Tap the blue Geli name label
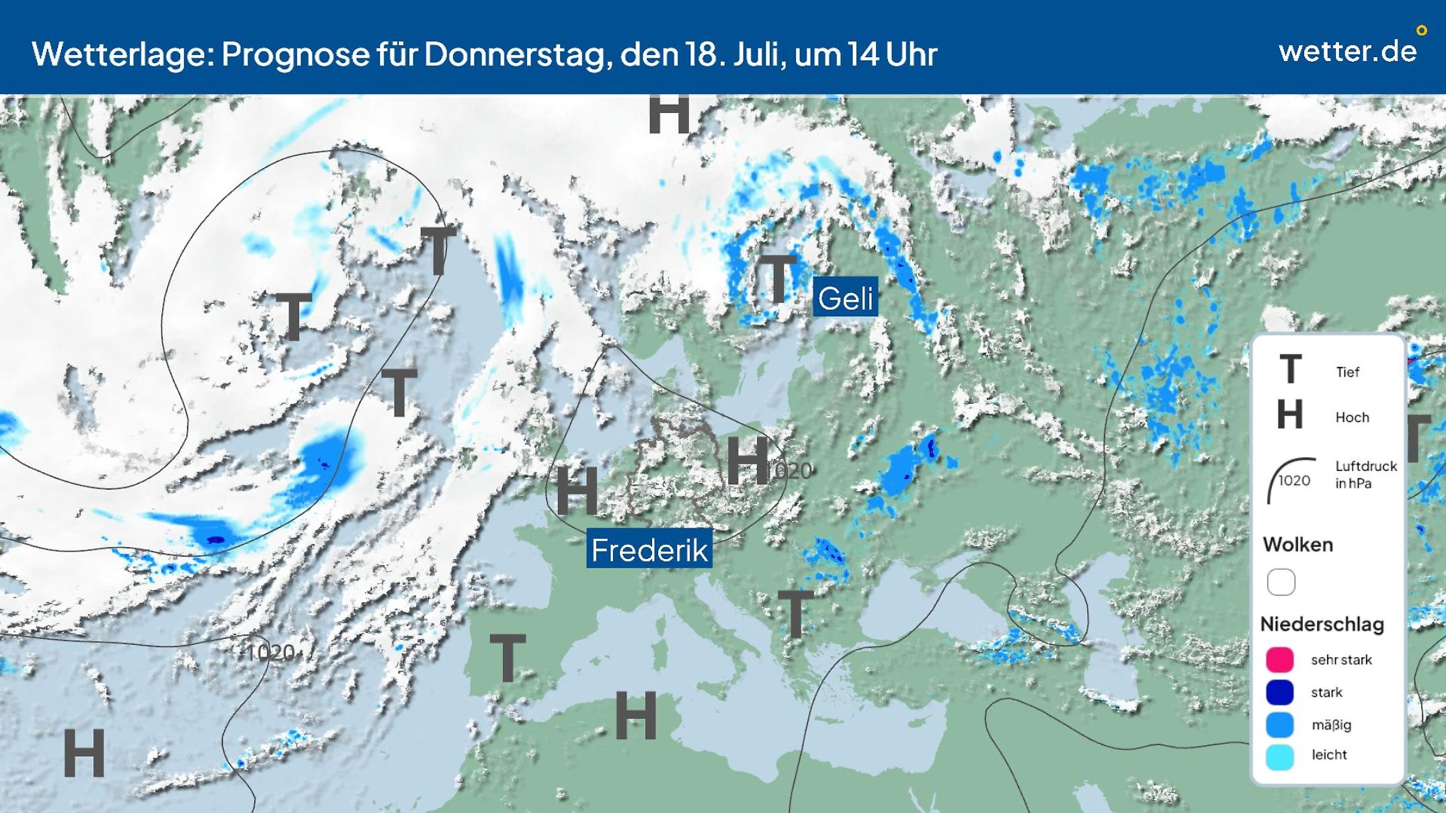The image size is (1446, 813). (845, 298)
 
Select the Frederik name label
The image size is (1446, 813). (649, 550)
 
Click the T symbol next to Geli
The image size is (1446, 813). (778, 279)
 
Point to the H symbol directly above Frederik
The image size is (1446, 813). (577, 491)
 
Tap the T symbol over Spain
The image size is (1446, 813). (508, 657)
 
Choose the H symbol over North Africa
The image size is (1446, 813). (635, 716)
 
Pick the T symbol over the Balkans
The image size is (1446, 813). (795, 613)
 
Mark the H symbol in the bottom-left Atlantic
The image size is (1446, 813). (84, 753)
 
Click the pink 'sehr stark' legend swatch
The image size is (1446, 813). (1280, 660)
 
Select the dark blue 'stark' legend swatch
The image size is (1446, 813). (1280, 692)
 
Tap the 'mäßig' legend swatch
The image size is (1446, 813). (1280, 725)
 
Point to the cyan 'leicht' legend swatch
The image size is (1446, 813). (1280, 756)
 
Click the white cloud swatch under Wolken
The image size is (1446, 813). (1281, 582)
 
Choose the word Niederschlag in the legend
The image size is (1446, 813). (1322, 624)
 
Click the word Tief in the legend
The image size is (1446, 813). (1347, 372)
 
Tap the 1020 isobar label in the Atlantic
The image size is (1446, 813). (271, 652)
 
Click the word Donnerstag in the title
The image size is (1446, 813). (515, 54)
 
